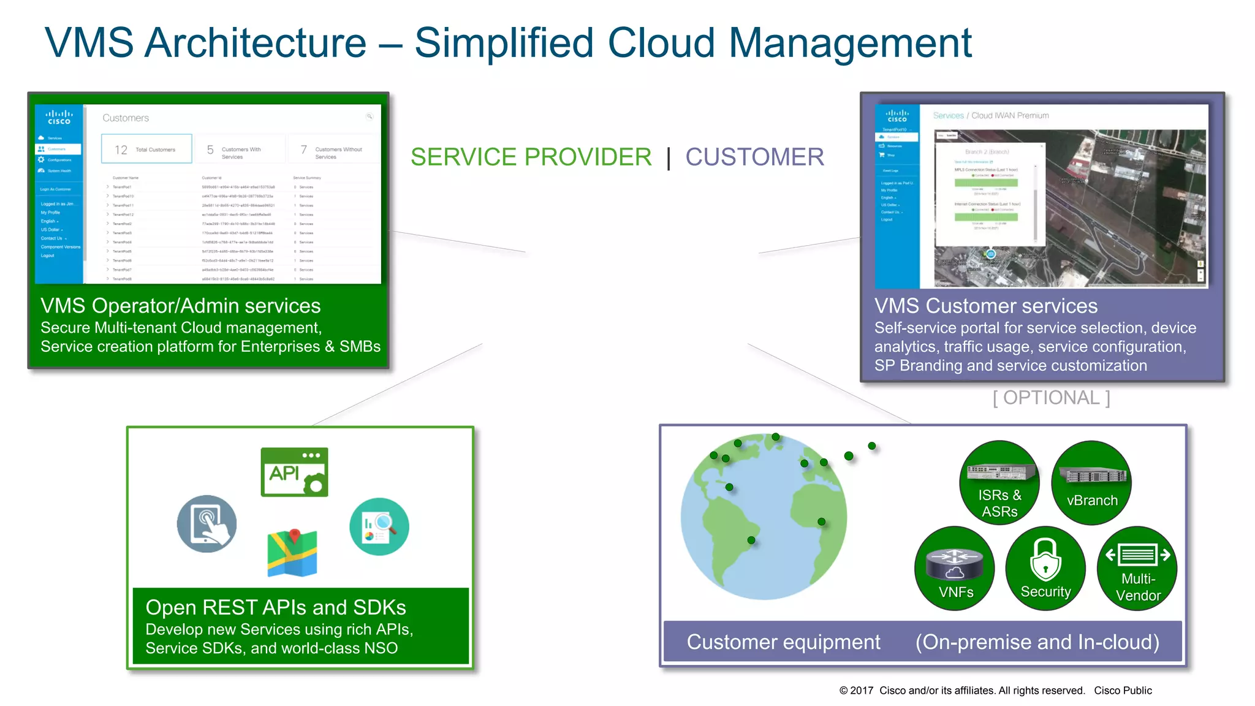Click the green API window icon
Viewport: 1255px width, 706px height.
(x=294, y=471)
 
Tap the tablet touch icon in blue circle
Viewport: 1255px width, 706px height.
(x=207, y=524)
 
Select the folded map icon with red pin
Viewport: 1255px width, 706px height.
(x=292, y=553)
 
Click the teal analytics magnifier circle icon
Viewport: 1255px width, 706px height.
(x=379, y=526)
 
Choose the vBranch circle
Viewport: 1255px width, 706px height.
(x=1091, y=482)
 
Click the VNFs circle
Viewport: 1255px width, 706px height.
(x=955, y=568)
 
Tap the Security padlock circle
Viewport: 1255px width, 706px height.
(x=1045, y=568)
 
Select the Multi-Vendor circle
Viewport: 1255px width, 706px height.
(x=1137, y=568)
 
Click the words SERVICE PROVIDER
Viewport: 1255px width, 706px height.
(x=531, y=157)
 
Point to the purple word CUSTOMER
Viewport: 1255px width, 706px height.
(x=754, y=157)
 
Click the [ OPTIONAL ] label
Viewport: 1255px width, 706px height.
(x=1051, y=398)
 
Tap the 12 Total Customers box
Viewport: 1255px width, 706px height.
(x=146, y=149)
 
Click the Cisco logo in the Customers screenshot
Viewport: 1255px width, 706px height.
(x=59, y=117)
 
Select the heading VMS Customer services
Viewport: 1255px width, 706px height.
(x=985, y=306)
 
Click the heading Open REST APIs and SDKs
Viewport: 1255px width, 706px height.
(x=276, y=607)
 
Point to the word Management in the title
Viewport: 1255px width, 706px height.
(x=850, y=43)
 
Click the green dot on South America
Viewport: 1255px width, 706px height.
(x=751, y=540)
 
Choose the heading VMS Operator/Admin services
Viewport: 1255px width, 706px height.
(x=180, y=306)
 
